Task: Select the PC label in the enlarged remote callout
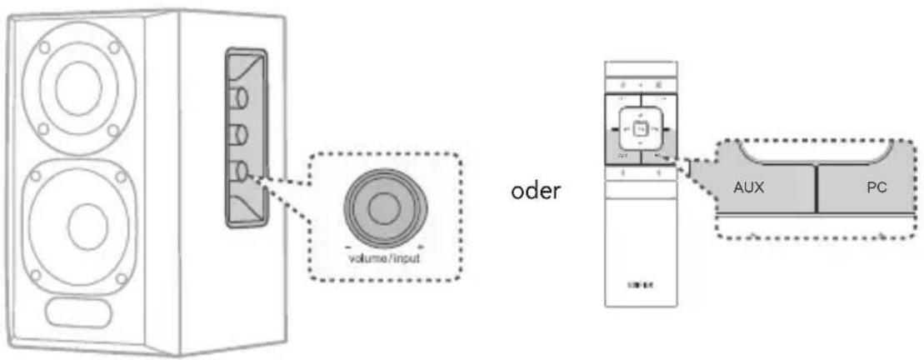click(x=875, y=187)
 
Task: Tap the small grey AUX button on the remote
click(x=621, y=156)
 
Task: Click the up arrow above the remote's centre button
click(x=638, y=112)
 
